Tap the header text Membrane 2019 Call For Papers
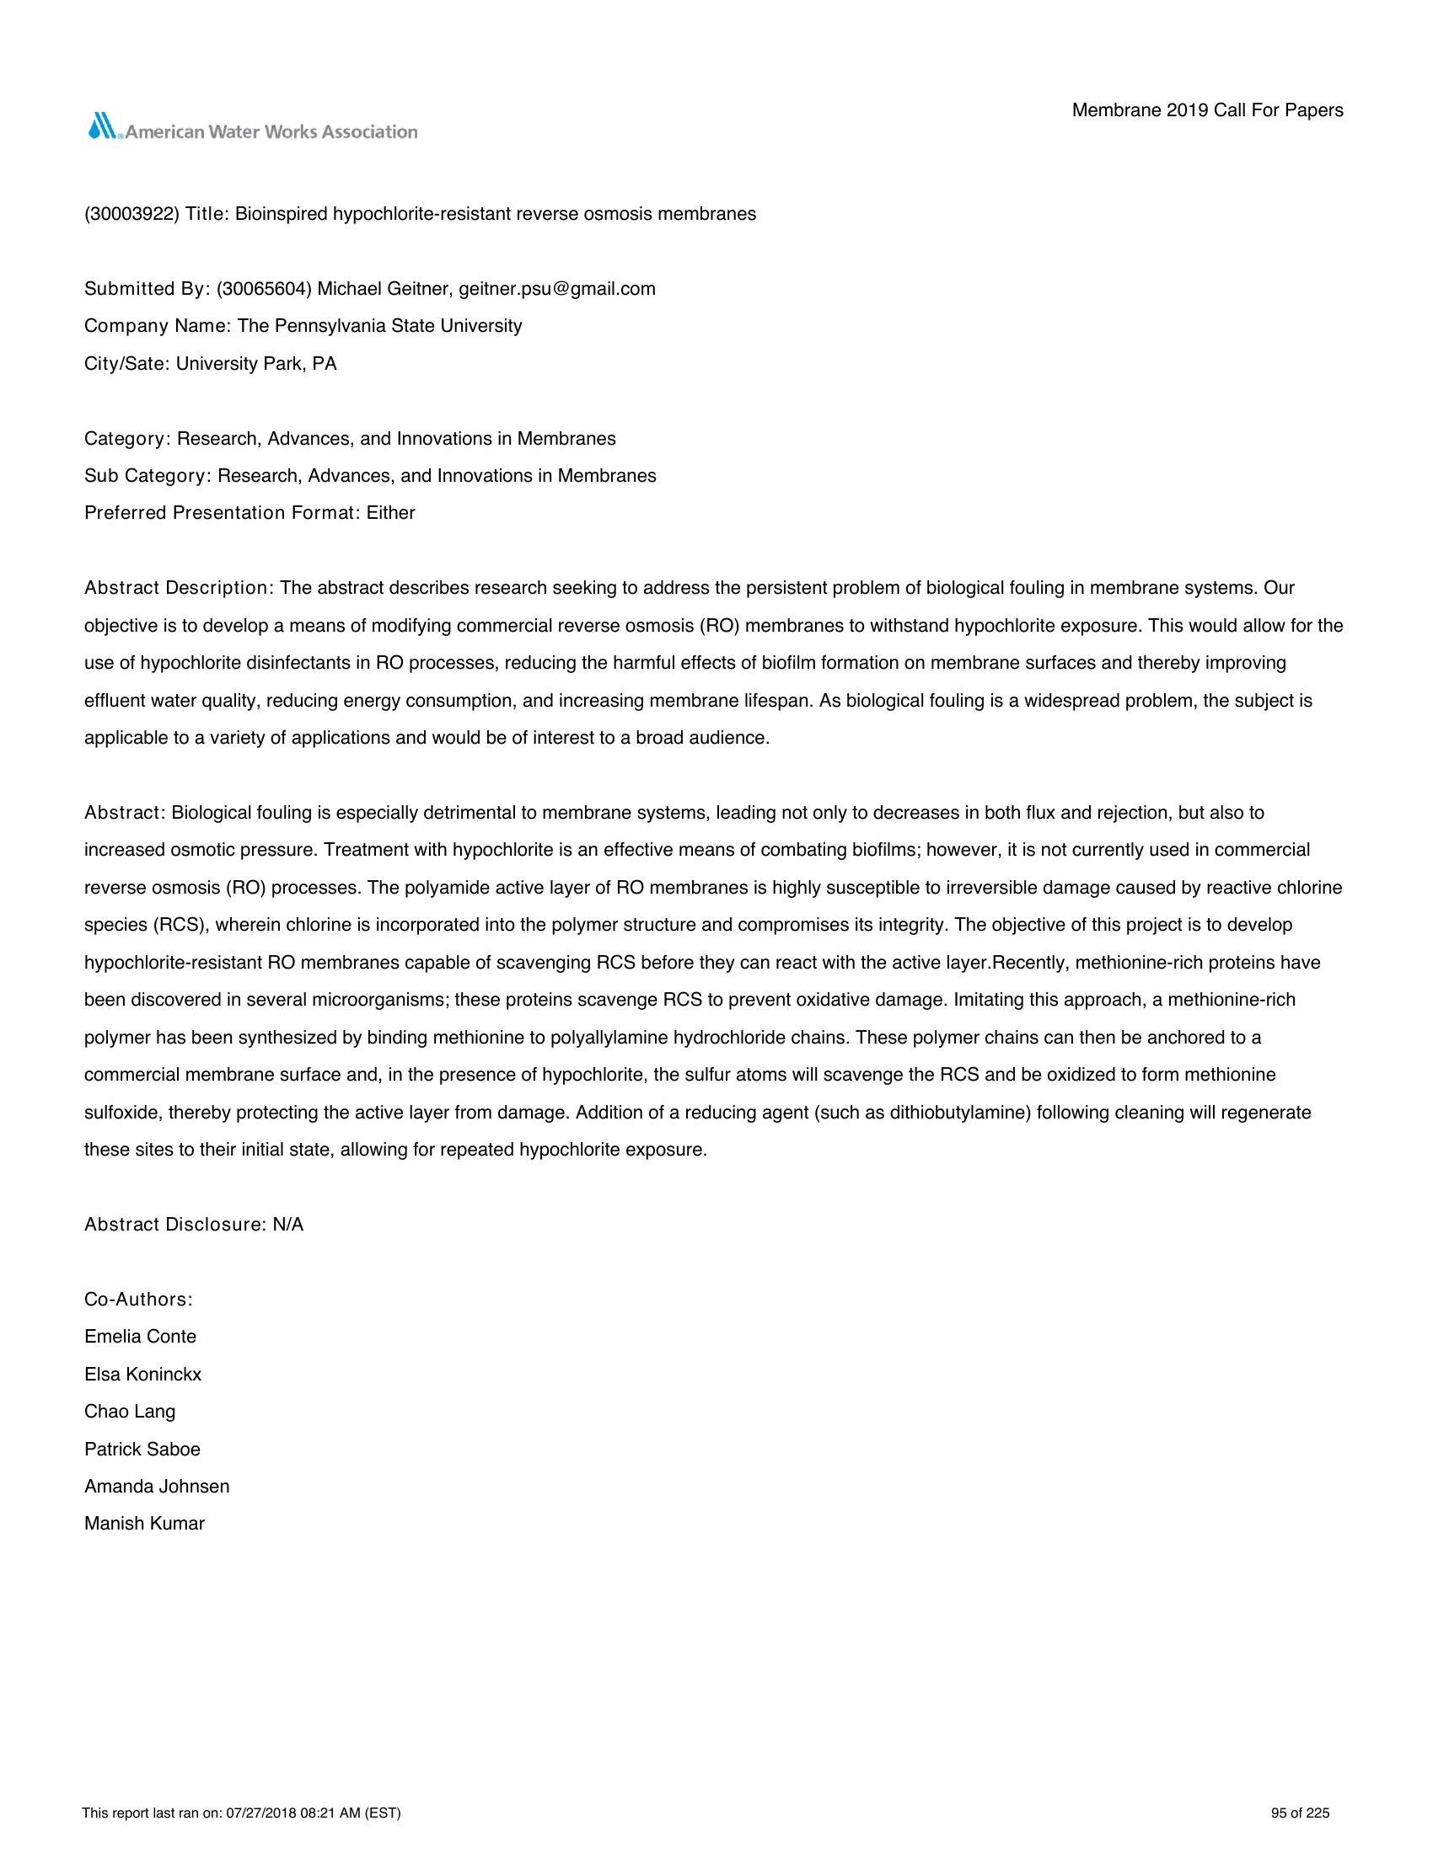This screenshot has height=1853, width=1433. [1207, 110]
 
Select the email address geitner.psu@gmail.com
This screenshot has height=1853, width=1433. [557, 288]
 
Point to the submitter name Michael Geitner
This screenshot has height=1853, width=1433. [383, 288]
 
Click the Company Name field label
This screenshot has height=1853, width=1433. [158, 326]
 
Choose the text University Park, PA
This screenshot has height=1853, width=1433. [256, 364]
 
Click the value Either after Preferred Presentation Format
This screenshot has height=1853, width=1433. [390, 513]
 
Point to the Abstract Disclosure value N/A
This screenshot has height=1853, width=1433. [287, 1225]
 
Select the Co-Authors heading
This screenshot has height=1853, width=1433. [138, 1300]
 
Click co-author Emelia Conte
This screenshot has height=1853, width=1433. [140, 1338]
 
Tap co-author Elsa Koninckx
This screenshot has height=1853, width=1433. [142, 1375]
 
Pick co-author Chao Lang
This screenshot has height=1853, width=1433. [130, 1412]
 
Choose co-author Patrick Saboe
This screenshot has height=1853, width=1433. [142, 1450]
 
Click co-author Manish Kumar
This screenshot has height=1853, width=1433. [144, 1524]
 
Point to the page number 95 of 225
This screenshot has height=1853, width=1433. [1300, 1814]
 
